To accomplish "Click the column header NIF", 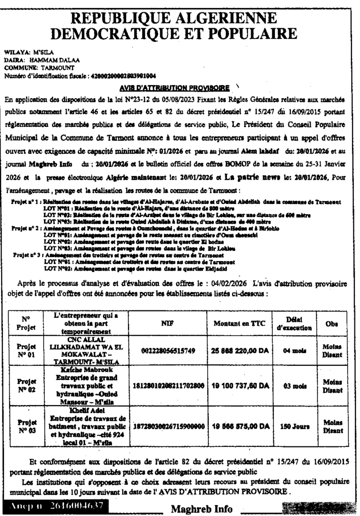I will pos(167,323).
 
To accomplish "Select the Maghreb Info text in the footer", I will pos(202,509).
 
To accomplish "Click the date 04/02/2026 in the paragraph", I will pos(231,283).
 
